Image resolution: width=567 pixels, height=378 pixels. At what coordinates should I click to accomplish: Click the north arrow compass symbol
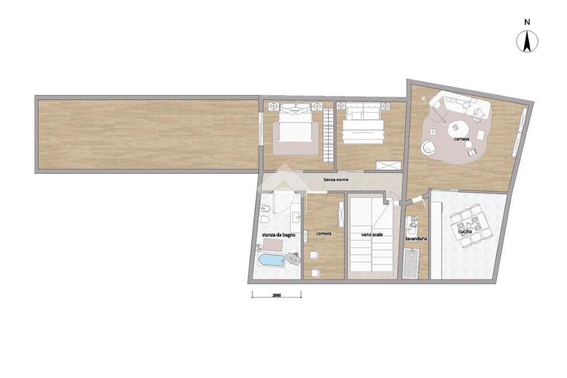(x=527, y=41)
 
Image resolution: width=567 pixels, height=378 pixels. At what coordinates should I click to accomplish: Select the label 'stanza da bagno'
(x=279, y=235)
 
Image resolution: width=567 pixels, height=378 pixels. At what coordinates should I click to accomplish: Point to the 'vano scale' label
(x=372, y=235)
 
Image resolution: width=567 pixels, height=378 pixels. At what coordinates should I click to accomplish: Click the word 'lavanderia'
(x=416, y=239)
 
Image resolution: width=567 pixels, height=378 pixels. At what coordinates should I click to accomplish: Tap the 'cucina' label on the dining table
(x=465, y=232)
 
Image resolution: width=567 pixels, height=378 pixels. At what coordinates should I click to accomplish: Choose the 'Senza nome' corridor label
(x=336, y=180)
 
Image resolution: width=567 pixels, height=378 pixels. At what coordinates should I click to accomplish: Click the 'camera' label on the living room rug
(x=462, y=139)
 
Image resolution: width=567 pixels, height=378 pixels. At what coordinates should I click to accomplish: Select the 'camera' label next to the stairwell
(x=323, y=234)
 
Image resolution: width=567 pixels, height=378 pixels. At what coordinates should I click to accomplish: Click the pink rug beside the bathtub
(x=272, y=245)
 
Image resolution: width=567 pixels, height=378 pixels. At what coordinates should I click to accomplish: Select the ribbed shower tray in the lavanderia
(x=411, y=263)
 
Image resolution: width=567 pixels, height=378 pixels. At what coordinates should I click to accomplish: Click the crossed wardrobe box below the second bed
(x=389, y=165)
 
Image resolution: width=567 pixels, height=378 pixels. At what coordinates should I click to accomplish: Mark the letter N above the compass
(x=527, y=22)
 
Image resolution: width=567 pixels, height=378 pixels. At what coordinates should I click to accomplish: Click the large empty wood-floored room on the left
(x=147, y=134)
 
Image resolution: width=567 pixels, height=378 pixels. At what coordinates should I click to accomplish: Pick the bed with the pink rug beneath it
(x=296, y=125)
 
